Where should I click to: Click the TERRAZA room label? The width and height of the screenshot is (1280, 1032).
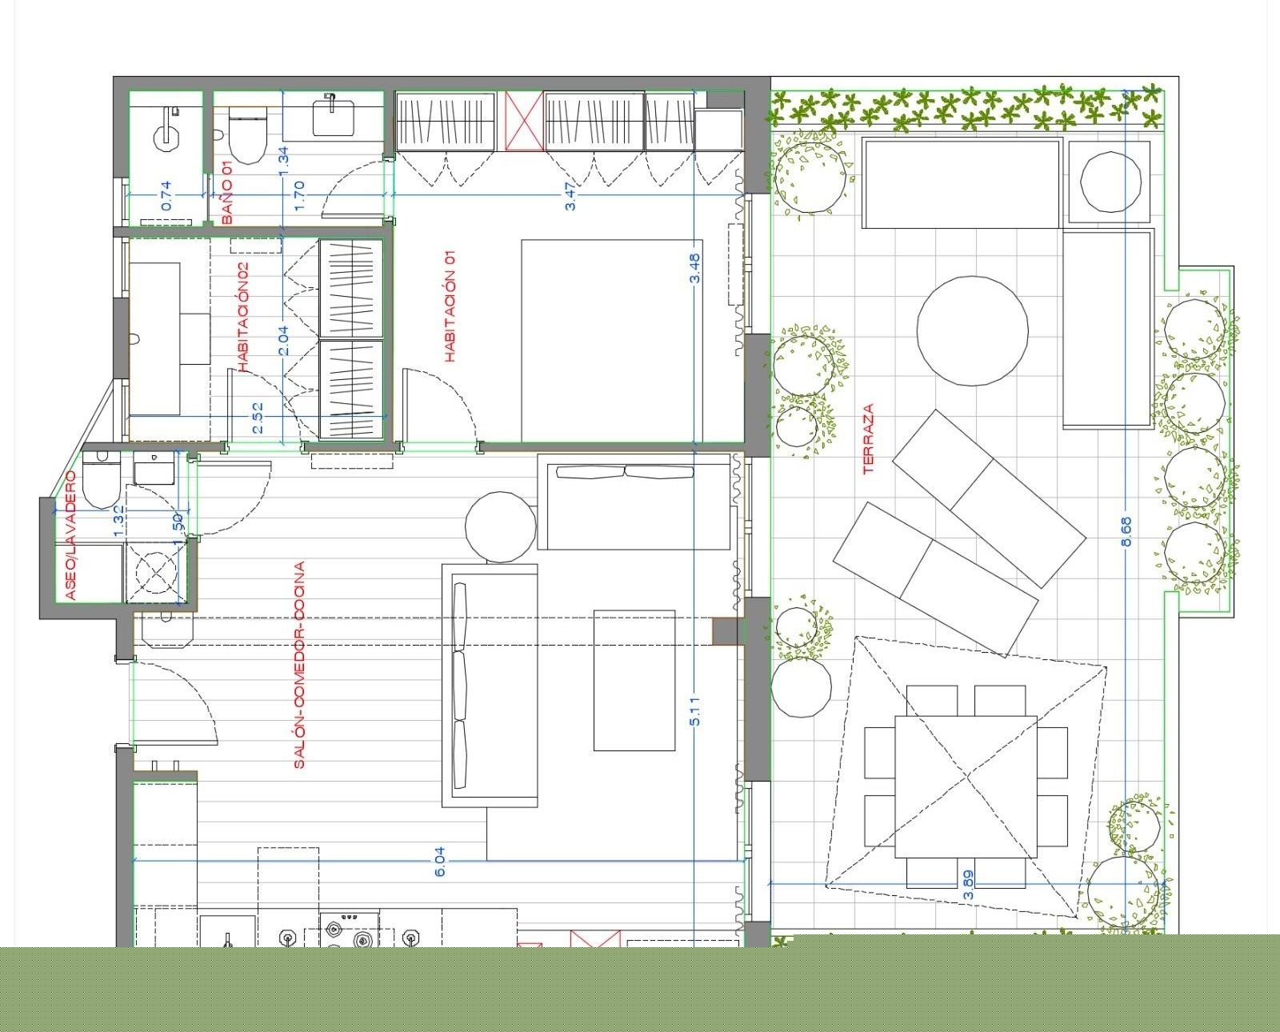pyautogui.click(x=869, y=438)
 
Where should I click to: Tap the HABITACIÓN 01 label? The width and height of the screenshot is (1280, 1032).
pyautogui.click(x=450, y=306)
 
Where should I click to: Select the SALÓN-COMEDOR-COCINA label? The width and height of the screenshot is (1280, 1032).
pyautogui.click(x=299, y=665)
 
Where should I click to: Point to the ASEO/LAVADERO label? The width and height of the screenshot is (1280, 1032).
pyautogui.click(x=70, y=534)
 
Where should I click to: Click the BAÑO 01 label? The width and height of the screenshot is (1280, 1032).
pyautogui.click(x=227, y=194)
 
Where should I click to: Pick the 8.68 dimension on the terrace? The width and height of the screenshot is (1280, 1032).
pyautogui.click(x=1126, y=531)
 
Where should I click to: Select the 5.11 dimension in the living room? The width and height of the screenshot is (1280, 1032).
pyautogui.click(x=694, y=711)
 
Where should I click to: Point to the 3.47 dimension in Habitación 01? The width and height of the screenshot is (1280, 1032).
pyautogui.click(x=570, y=196)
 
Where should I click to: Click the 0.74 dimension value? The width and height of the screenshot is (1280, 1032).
pyautogui.click(x=166, y=195)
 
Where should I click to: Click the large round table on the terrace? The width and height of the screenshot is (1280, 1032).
pyautogui.click(x=973, y=330)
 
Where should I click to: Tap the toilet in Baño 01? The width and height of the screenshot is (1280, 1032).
pyautogui.click(x=247, y=136)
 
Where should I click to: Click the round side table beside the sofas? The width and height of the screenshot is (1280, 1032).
pyautogui.click(x=501, y=526)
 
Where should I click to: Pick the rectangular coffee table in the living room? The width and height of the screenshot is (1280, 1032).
pyautogui.click(x=634, y=680)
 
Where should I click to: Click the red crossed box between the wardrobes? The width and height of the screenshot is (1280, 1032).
pyautogui.click(x=524, y=120)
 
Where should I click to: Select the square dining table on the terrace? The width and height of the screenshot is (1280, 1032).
pyautogui.click(x=966, y=786)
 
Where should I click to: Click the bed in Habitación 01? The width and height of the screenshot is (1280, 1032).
pyautogui.click(x=612, y=341)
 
